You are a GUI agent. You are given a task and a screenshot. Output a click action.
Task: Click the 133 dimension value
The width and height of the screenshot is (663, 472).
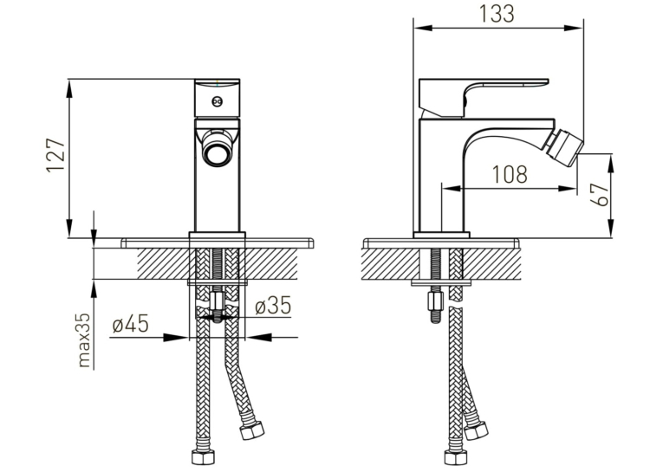(x=497, y=14)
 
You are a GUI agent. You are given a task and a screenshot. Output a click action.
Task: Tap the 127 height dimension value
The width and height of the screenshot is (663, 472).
(x=55, y=155)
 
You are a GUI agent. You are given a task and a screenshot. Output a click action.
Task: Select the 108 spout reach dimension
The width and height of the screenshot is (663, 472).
(x=510, y=174)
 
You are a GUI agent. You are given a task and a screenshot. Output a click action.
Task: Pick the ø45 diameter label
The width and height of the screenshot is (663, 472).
(x=130, y=324)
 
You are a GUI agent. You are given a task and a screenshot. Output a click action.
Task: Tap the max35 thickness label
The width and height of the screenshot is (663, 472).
(x=85, y=340)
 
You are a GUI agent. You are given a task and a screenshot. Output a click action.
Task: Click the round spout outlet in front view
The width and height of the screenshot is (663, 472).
(x=216, y=152)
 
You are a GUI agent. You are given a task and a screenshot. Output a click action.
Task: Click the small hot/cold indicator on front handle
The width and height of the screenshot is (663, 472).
(x=218, y=101)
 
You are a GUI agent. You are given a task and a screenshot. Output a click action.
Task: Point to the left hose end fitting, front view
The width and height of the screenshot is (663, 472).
(x=203, y=457)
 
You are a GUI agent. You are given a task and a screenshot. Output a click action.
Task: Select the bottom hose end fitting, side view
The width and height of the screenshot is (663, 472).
(x=455, y=457)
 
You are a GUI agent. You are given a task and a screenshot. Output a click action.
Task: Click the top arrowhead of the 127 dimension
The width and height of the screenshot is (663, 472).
(x=69, y=88)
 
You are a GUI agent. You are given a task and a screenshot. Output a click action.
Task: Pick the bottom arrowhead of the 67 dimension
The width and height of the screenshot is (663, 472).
(x=611, y=228)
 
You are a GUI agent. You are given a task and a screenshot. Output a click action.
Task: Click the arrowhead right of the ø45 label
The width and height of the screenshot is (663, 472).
(x=175, y=337)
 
